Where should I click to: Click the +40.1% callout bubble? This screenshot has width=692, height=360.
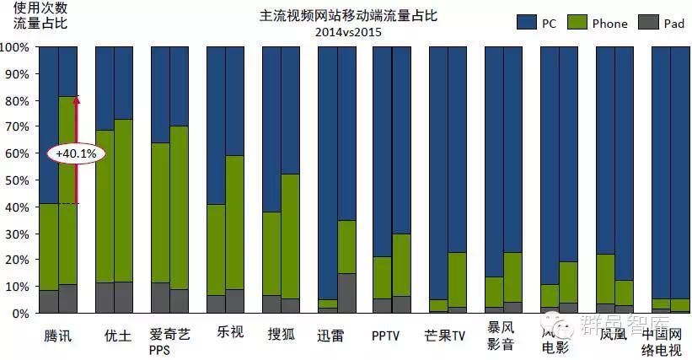click(77, 153)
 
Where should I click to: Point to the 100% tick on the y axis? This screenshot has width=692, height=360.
click(16, 47)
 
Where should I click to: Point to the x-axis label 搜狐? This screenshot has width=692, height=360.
click(281, 333)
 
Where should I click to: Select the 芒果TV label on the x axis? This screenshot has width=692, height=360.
click(447, 334)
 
